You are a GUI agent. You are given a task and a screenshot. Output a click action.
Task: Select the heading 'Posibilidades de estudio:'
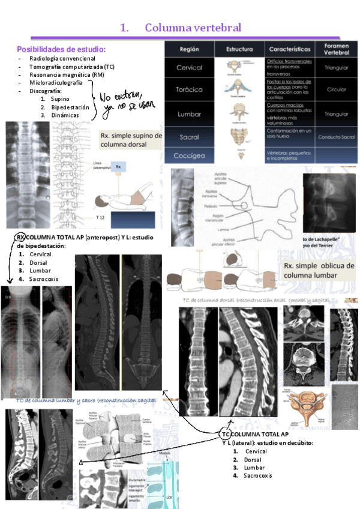[61, 49]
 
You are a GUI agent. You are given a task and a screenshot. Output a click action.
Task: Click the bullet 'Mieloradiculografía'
[56, 83]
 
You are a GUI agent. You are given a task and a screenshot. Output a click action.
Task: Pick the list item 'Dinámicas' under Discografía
[65, 115]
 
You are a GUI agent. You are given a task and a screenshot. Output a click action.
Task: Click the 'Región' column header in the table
[189, 49]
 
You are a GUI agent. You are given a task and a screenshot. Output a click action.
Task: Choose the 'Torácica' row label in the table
[190, 89]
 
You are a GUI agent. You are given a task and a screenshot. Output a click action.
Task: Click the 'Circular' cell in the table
[336, 89]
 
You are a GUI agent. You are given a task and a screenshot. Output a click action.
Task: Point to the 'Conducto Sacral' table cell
[336, 137]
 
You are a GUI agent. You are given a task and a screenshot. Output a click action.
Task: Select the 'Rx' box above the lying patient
[119, 167]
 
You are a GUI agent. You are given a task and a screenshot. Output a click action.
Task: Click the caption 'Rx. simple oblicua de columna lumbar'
[319, 270]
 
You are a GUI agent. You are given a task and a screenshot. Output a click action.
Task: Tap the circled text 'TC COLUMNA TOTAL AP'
[255, 434]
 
